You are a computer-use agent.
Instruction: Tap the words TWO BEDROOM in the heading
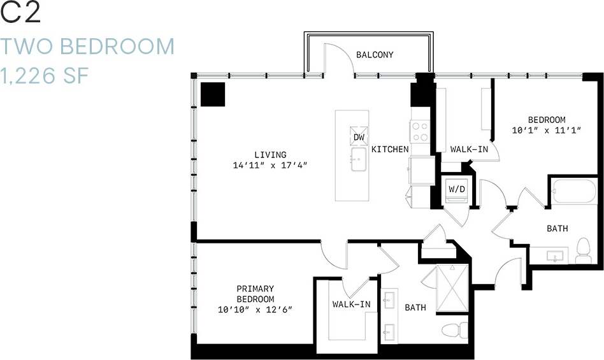[87, 47]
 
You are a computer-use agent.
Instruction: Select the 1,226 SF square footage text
[44, 76]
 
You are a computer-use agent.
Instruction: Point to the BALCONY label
[375, 55]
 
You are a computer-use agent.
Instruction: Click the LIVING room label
[270, 155]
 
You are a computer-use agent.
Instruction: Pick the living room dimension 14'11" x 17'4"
[270, 166]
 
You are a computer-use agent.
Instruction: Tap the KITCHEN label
[390, 149]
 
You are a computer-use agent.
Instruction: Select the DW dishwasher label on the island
[359, 137]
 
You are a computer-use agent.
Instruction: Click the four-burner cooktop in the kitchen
[420, 131]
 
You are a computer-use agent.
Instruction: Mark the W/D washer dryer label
[456, 189]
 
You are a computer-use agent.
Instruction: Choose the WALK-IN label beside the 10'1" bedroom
[469, 149]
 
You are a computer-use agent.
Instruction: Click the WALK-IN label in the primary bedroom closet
[351, 305]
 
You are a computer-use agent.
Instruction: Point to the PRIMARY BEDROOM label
[255, 294]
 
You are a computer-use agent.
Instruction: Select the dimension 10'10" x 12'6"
[255, 310]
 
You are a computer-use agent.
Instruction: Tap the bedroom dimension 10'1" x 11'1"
[547, 131]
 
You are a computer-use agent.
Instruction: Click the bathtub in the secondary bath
[574, 191]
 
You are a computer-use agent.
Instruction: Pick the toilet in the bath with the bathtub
[583, 250]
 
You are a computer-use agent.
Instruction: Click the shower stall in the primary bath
[453, 289]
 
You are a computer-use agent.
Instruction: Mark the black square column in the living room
[213, 94]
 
